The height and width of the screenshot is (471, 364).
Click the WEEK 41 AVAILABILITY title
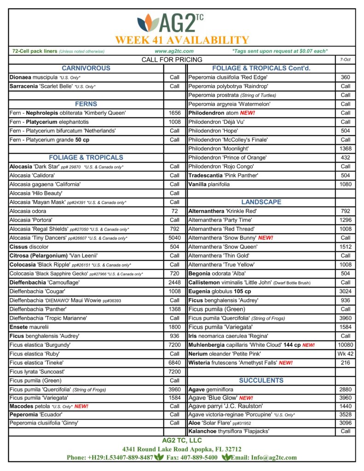(x=182, y=40)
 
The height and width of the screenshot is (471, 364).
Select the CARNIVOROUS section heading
(x=86, y=68)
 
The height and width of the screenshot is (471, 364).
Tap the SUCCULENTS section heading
(x=261, y=380)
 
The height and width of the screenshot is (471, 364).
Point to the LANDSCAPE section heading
(x=261, y=202)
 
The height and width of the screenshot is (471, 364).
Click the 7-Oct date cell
(x=345, y=59)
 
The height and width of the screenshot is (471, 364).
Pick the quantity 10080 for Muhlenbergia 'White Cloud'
(x=345, y=345)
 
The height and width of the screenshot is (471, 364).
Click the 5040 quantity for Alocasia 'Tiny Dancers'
(x=174, y=238)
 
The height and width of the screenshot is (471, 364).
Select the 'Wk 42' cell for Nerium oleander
(x=345, y=354)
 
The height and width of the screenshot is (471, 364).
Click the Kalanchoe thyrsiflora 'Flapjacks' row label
(x=229, y=431)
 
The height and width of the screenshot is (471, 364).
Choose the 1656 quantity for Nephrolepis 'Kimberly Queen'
(x=174, y=113)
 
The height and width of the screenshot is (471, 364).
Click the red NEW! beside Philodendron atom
(x=247, y=113)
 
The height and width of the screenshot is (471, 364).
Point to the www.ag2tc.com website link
(x=174, y=51)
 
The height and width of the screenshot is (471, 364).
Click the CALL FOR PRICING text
(x=172, y=59)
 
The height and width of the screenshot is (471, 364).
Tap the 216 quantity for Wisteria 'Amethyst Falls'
(x=345, y=363)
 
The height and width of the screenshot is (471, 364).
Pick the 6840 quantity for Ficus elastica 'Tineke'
(x=174, y=363)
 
